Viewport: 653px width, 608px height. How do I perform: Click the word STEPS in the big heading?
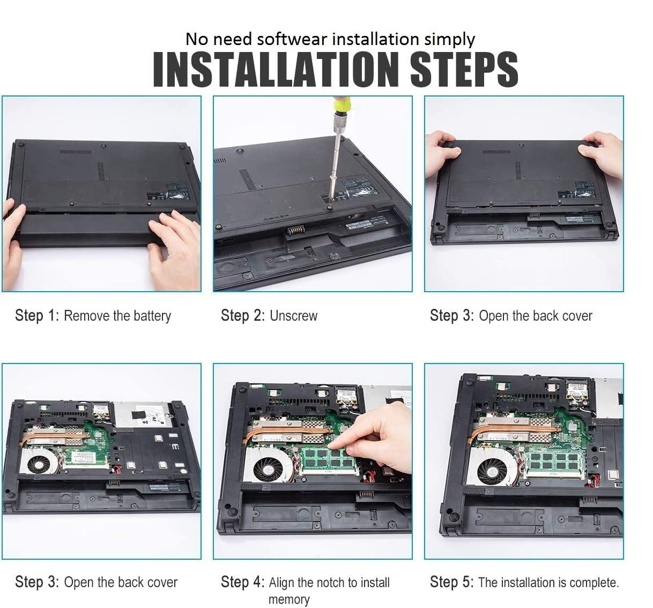(464, 69)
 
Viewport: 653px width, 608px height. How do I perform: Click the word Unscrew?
(293, 316)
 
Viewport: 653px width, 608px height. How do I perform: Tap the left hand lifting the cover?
(442, 154)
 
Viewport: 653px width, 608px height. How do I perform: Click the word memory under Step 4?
(289, 599)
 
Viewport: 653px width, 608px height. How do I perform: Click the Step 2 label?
(243, 315)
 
